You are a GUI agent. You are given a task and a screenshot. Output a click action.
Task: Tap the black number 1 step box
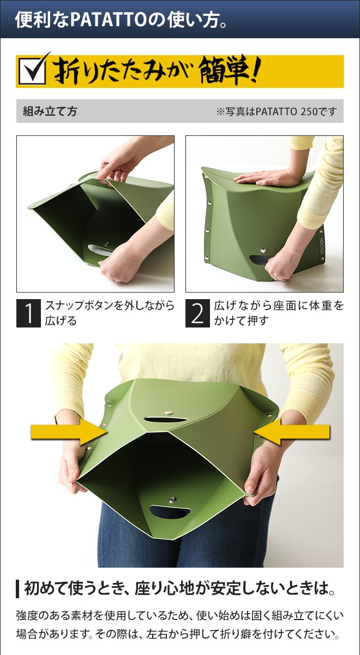click(28, 313)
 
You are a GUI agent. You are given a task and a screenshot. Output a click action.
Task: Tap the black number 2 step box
click(197, 313)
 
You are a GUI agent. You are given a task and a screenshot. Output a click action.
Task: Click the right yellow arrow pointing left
click(292, 431)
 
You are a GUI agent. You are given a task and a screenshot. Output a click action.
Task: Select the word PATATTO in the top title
click(108, 20)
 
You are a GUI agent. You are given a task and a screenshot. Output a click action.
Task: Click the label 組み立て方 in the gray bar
click(50, 111)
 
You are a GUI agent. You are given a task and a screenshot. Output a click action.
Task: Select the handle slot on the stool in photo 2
click(259, 259)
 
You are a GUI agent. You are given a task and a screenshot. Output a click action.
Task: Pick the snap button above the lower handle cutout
click(173, 499)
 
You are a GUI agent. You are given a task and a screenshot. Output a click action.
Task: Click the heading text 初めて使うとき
click(68, 588)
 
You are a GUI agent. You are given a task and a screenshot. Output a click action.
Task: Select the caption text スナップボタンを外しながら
click(110, 306)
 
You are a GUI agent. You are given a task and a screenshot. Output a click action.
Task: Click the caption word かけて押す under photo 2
click(241, 321)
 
